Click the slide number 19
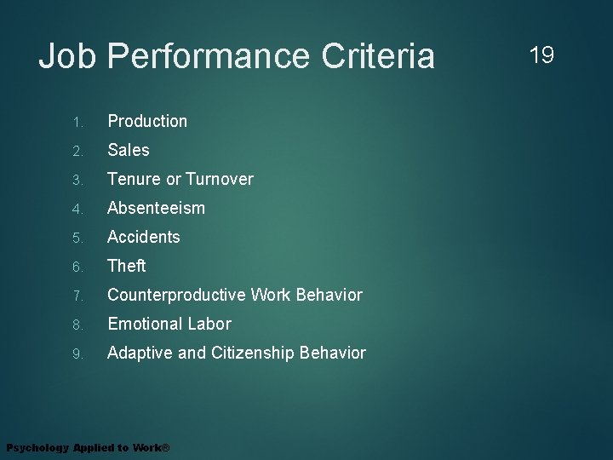[x=541, y=55]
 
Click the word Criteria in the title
[x=378, y=57]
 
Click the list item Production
[x=147, y=121]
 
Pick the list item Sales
[x=129, y=150]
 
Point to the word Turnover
[x=219, y=179]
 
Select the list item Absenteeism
[x=156, y=208]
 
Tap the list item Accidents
[x=144, y=237]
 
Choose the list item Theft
[x=127, y=266]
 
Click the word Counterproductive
[x=176, y=295]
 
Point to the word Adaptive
[x=140, y=353]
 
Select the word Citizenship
[x=249, y=353]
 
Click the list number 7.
[x=76, y=296]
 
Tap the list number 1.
[x=76, y=122]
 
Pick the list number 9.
[x=76, y=354]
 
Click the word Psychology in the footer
[x=37, y=448]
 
